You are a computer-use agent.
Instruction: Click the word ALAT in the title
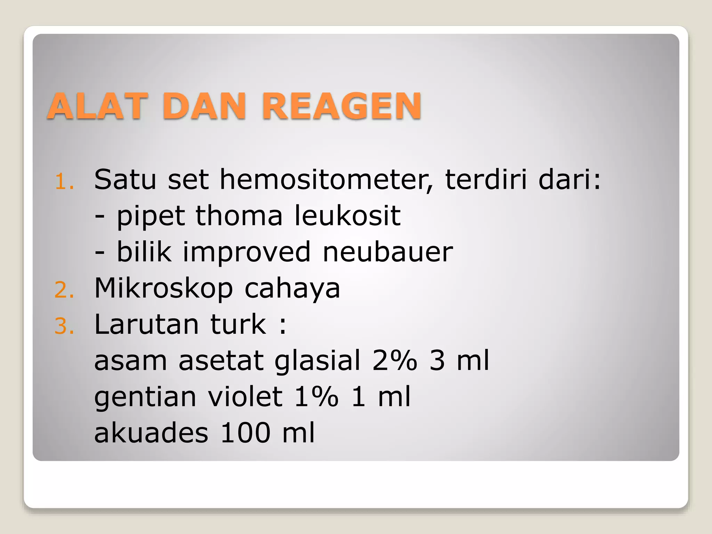pyautogui.click(x=97, y=106)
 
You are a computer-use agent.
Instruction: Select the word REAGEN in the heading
pyautogui.click(x=342, y=106)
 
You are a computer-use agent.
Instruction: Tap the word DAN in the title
pyautogui.click(x=204, y=106)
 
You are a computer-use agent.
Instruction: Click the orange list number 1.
pyautogui.click(x=64, y=182)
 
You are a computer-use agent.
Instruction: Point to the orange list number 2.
pyautogui.click(x=64, y=290)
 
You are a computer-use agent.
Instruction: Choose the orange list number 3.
pyautogui.click(x=64, y=326)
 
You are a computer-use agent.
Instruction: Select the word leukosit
pyautogui.click(x=348, y=216)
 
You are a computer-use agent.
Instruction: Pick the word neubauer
pyautogui.click(x=388, y=252)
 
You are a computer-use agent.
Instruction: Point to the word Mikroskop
pyautogui.click(x=163, y=289)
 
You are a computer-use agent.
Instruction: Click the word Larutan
pyautogui.click(x=146, y=324)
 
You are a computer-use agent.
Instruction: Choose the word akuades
pyautogui.click(x=151, y=433)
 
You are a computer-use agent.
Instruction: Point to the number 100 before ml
pyautogui.click(x=245, y=433)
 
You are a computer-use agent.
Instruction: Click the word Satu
pyautogui.click(x=125, y=180)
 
